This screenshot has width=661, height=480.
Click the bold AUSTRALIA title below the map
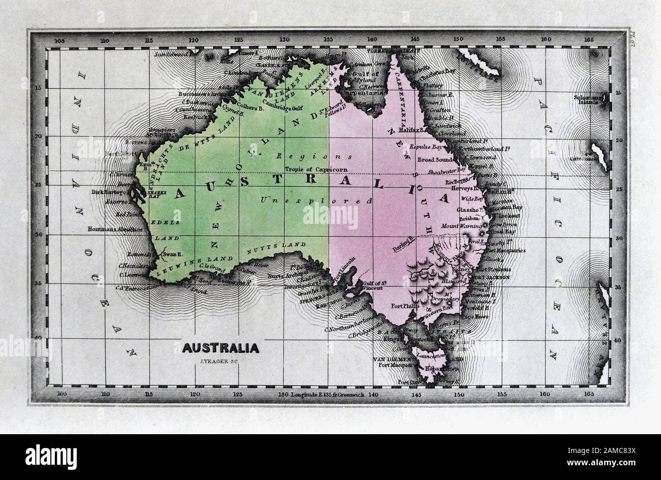tap(220, 349)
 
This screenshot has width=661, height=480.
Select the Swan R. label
tap(170, 253)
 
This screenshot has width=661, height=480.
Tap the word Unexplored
tap(316, 201)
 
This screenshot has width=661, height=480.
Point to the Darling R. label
tap(405, 244)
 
